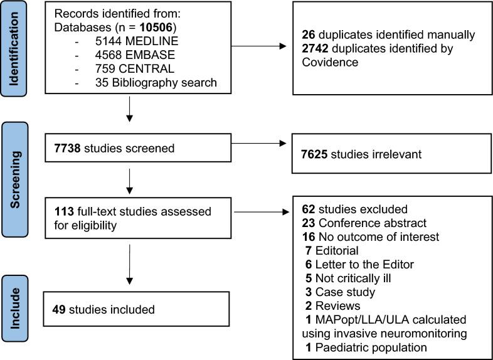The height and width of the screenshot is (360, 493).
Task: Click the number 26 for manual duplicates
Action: (307, 34)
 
